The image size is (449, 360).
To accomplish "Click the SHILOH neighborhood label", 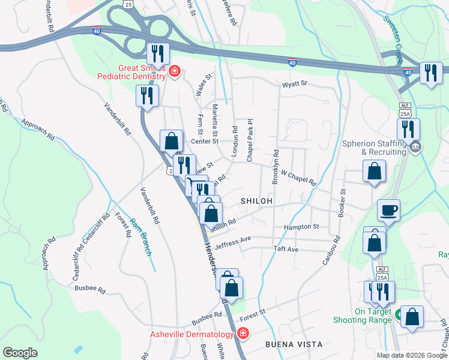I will [257, 200].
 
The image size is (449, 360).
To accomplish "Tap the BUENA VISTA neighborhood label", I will [294, 344].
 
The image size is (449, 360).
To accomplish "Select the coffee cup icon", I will [388, 211].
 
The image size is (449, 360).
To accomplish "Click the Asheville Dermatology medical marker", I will [243, 334].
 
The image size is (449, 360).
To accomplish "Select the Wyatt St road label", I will [295, 83].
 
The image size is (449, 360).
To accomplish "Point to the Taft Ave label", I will [286, 248].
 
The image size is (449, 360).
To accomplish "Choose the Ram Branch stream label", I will [142, 236].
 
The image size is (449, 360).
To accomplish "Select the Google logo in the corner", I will [20, 353].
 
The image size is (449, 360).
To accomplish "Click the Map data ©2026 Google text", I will [411, 355].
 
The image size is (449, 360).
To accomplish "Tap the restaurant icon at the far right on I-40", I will [431, 73].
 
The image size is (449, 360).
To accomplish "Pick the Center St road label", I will [204, 142].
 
